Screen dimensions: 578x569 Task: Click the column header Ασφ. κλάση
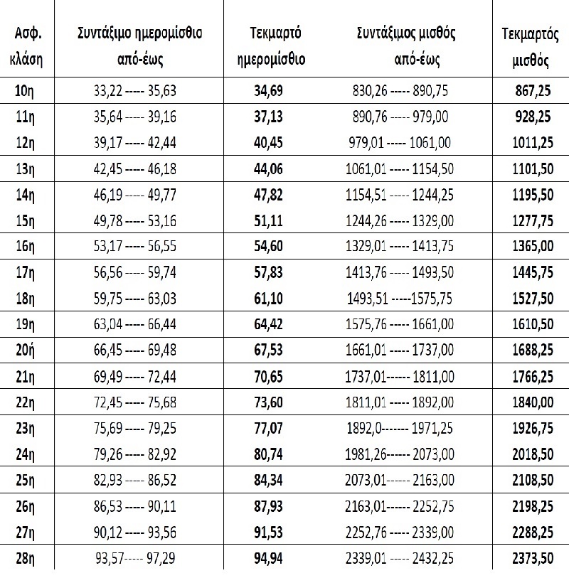pyautogui.click(x=27, y=46)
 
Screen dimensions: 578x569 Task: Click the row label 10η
pyautogui.click(x=27, y=90)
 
